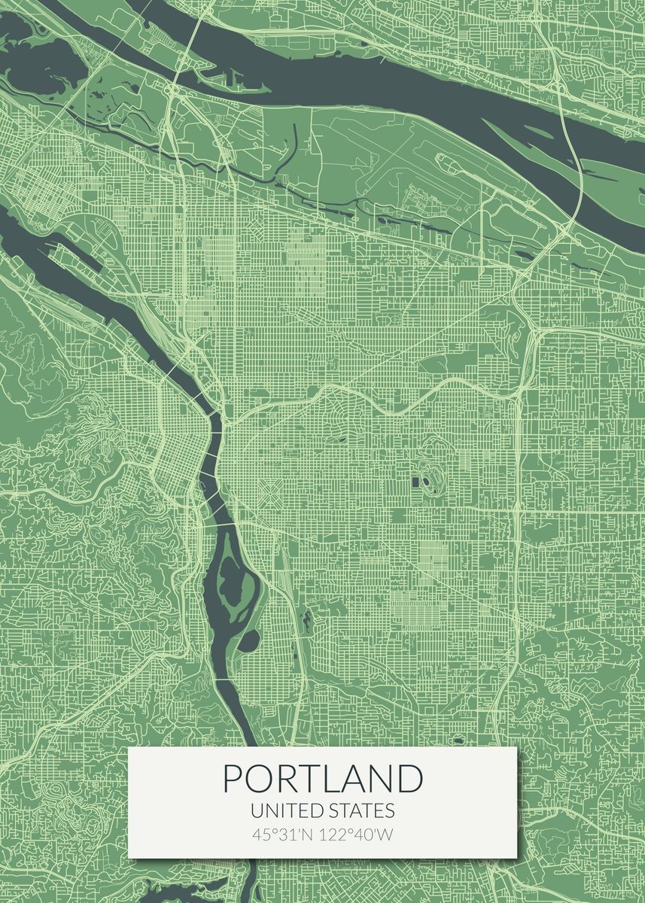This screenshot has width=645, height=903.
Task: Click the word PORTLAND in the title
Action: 323,779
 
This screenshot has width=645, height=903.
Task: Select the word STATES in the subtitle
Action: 362,811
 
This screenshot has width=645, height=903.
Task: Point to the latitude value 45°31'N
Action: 283,835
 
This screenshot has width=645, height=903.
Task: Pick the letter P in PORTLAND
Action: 234,779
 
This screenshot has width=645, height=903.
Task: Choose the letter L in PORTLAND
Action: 335,779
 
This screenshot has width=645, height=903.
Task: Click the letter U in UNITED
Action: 257,811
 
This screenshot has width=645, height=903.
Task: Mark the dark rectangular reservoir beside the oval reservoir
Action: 415,481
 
